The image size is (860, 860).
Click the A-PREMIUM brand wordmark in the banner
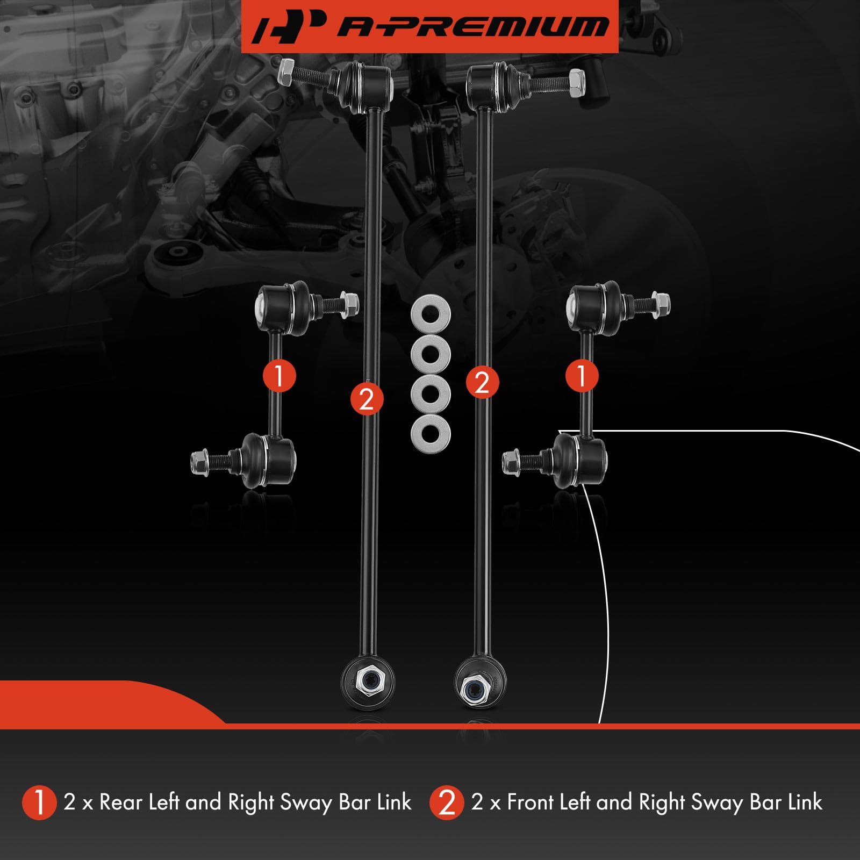473,26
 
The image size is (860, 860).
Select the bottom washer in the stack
431,433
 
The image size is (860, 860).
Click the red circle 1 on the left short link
279,375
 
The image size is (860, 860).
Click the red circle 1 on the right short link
582,375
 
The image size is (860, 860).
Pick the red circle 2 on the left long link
367,399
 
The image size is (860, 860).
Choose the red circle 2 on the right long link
482,383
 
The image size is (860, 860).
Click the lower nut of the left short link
200,461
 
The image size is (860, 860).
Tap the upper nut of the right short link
660,305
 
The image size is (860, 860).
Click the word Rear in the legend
121,802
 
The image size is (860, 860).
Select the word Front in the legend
530,802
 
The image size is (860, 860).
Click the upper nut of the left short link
349,305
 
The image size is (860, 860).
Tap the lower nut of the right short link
511,461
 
